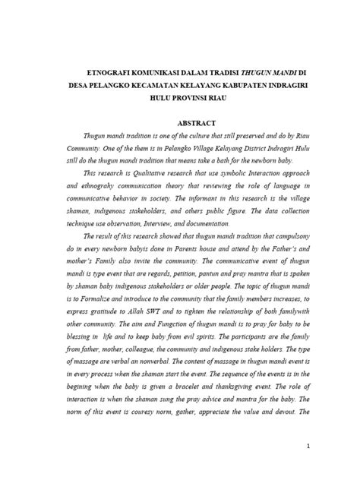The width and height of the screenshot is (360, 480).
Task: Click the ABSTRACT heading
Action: (x=196, y=122)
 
